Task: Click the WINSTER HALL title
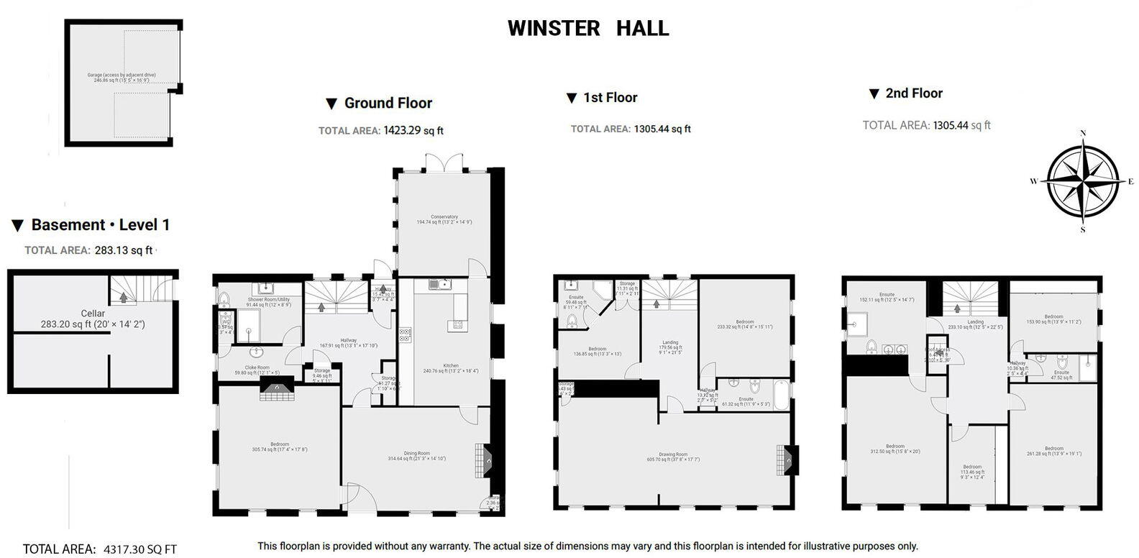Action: pos(588,28)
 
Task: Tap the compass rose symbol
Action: pos(1082,180)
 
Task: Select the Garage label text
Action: pos(121,75)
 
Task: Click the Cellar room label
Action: pos(93,314)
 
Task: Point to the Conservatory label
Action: pos(444,216)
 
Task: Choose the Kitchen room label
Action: pos(451,366)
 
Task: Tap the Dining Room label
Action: pos(419,453)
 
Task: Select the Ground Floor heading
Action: pos(388,103)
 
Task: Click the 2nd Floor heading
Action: pos(913,93)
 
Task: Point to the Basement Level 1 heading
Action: pos(100,224)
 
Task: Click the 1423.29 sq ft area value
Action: pos(413,131)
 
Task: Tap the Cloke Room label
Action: pos(252,367)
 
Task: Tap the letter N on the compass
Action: pos(1082,133)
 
